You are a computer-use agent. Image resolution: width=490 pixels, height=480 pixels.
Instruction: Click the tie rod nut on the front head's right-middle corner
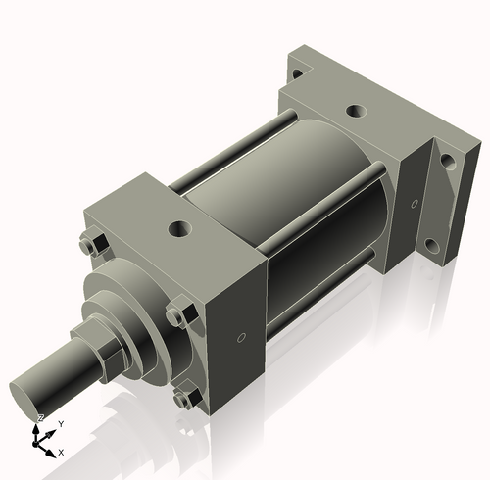click(176, 315)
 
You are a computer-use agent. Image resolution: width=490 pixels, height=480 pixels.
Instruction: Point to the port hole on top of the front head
click(179, 228)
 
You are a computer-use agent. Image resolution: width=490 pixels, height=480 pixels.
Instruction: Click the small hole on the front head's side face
click(241, 339)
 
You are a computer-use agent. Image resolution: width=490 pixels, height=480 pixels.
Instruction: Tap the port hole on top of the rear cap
click(356, 112)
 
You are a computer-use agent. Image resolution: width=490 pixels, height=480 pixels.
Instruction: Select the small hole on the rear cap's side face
click(414, 203)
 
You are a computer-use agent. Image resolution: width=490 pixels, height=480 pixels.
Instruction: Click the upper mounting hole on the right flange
click(447, 161)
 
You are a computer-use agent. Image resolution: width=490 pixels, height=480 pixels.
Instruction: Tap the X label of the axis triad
click(61, 453)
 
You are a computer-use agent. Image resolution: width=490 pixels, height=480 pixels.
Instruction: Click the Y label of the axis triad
click(61, 423)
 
